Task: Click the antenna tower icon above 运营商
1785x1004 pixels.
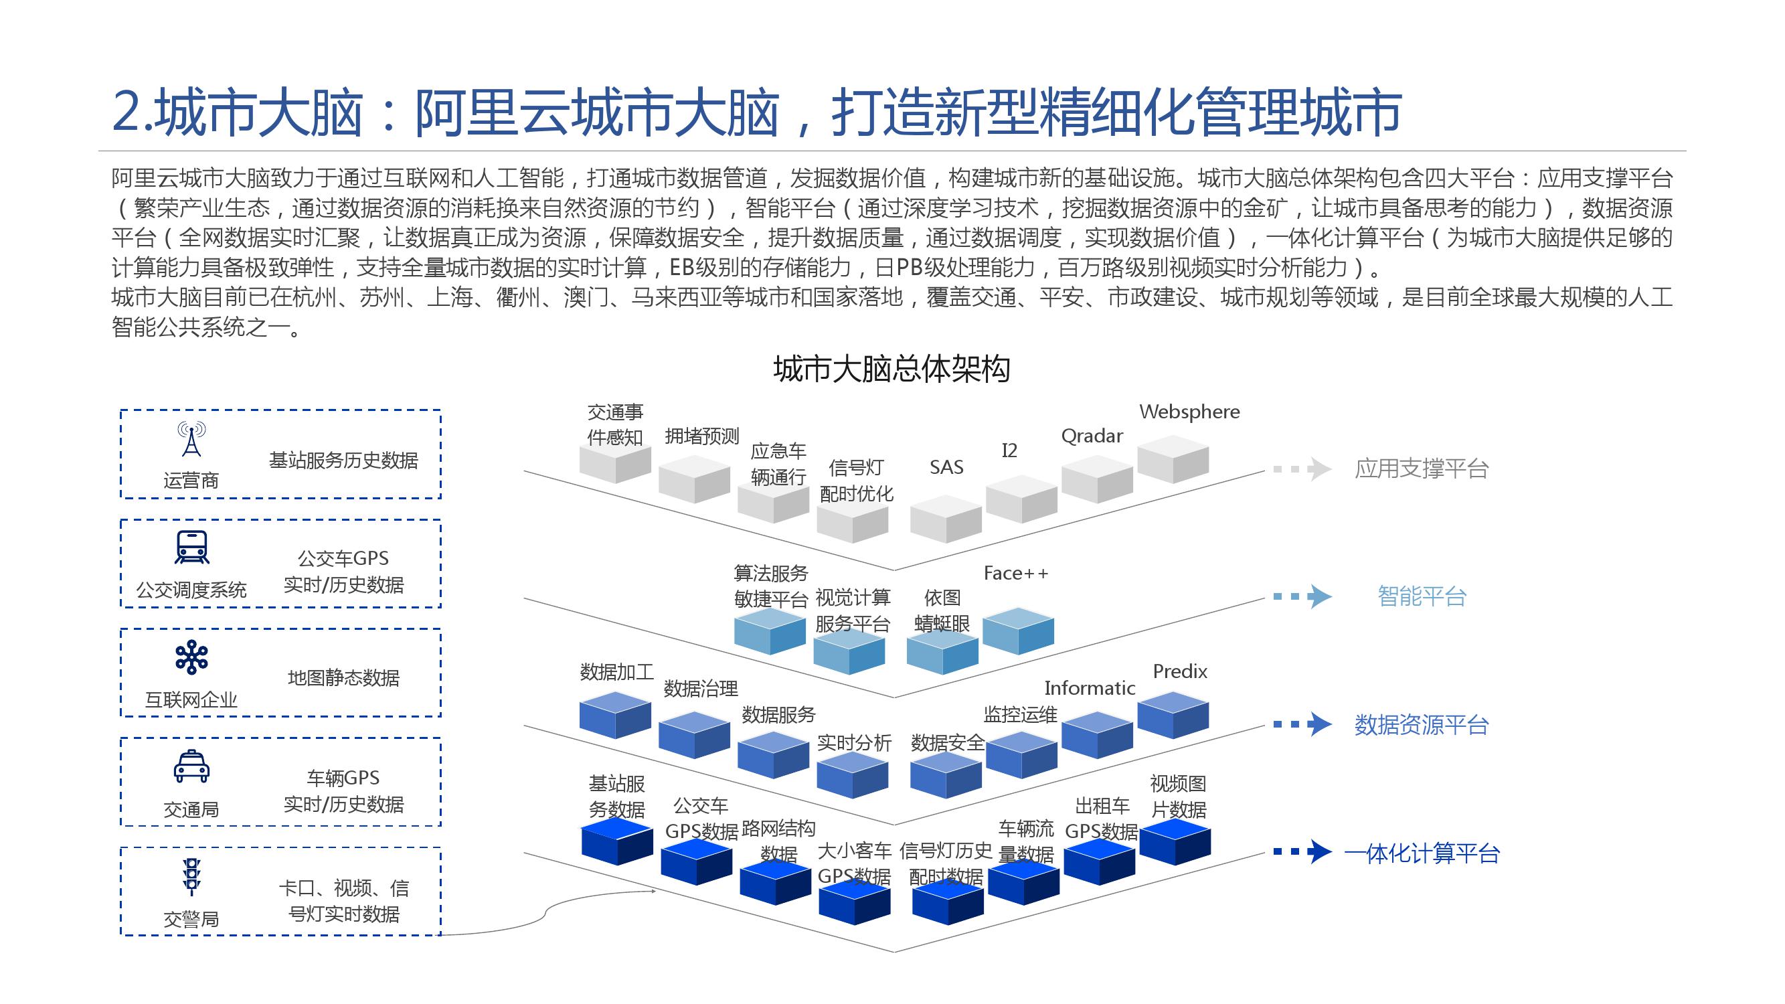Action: pyautogui.click(x=191, y=439)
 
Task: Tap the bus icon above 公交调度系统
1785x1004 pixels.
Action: pyautogui.click(x=191, y=548)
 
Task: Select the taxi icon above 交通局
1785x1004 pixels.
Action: pyautogui.click(x=191, y=766)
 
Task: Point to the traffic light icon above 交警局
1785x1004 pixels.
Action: pyautogui.click(x=191, y=877)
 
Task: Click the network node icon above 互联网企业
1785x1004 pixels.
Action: pyautogui.click(x=191, y=657)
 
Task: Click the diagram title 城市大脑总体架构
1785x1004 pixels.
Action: pyautogui.click(x=891, y=369)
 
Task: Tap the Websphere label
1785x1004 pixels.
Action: pyautogui.click(x=1189, y=412)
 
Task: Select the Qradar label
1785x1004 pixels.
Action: pyautogui.click(x=1092, y=436)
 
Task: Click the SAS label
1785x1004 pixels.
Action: pyautogui.click(x=946, y=467)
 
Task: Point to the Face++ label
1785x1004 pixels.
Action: pyautogui.click(x=1015, y=573)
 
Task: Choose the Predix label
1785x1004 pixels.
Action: pyautogui.click(x=1179, y=671)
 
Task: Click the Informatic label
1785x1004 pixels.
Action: pyautogui.click(x=1090, y=688)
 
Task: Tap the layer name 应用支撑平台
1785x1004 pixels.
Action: pyautogui.click(x=1421, y=469)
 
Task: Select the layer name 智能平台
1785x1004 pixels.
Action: pyautogui.click(x=1421, y=596)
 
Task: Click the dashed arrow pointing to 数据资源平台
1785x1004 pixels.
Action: pyautogui.click(x=1302, y=725)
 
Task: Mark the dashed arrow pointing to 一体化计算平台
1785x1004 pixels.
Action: pyautogui.click(x=1302, y=851)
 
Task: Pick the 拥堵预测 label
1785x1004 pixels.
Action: pyautogui.click(x=701, y=436)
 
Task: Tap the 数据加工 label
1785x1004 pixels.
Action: pyautogui.click(x=616, y=671)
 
